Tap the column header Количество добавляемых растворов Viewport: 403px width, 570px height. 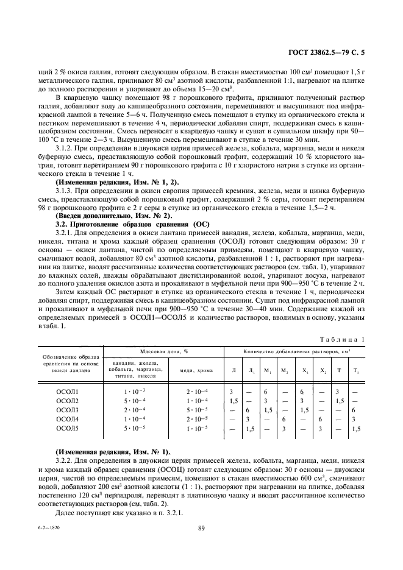pyautogui.click(x=294, y=352)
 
